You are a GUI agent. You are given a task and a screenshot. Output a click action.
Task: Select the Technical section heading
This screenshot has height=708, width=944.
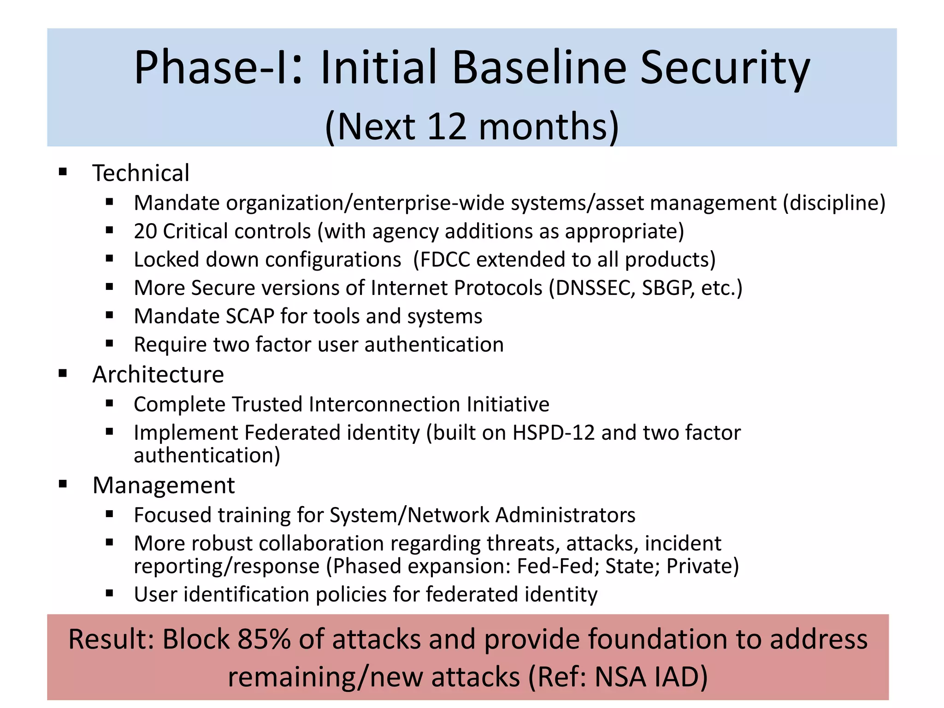(x=141, y=173)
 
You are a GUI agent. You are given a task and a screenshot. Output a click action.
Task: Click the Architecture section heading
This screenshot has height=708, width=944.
(x=158, y=374)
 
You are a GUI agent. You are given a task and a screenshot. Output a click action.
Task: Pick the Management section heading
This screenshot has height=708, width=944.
(x=164, y=485)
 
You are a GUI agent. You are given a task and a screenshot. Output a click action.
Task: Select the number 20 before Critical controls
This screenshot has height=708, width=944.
(x=145, y=231)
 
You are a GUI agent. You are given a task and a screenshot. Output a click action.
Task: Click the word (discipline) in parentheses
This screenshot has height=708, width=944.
(x=834, y=203)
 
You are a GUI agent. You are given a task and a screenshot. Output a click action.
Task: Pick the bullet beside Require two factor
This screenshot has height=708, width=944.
(x=109, y=343)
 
